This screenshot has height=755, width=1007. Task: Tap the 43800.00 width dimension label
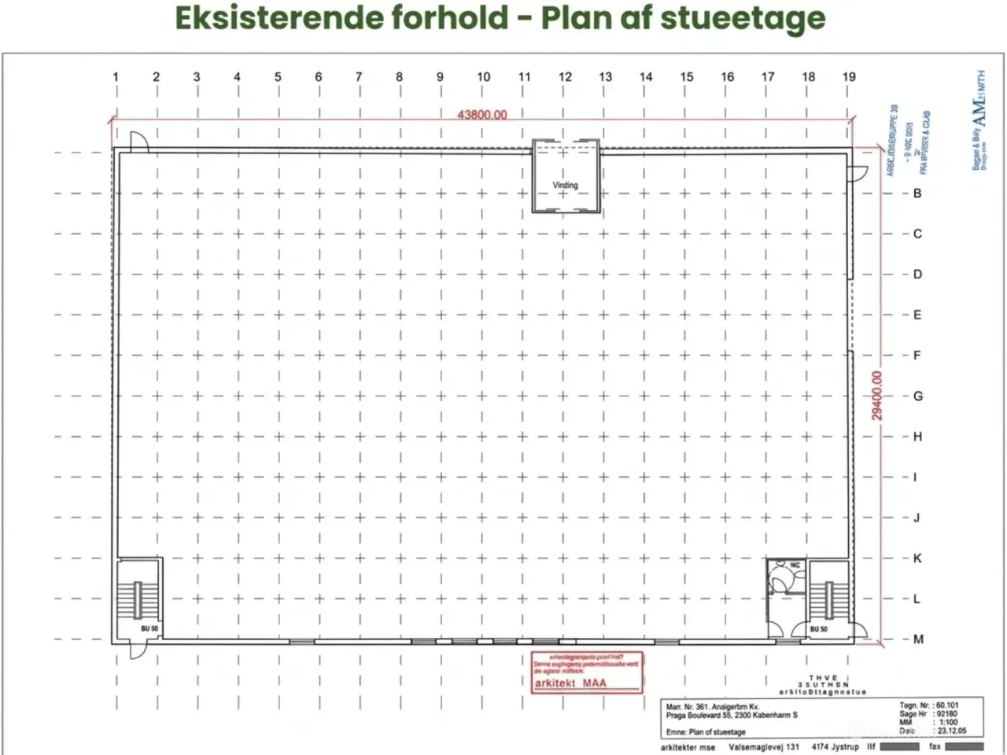click(482, 115)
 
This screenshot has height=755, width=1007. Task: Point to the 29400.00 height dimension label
click(877, 395)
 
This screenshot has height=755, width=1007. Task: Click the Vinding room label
click(565, 185)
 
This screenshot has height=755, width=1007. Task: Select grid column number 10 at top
click(483, 77)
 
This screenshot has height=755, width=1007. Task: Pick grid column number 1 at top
click(116, 77)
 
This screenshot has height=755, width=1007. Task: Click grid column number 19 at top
click(849, 77)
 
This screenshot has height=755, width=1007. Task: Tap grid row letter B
click(917, 193)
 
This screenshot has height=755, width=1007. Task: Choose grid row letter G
click(917, 396)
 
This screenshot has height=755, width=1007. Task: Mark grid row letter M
click(918, 639)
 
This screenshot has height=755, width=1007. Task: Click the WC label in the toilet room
click(795, 565)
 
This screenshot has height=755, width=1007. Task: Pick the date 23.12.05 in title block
click(952, 731)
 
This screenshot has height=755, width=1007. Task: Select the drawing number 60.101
click(948, 705)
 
